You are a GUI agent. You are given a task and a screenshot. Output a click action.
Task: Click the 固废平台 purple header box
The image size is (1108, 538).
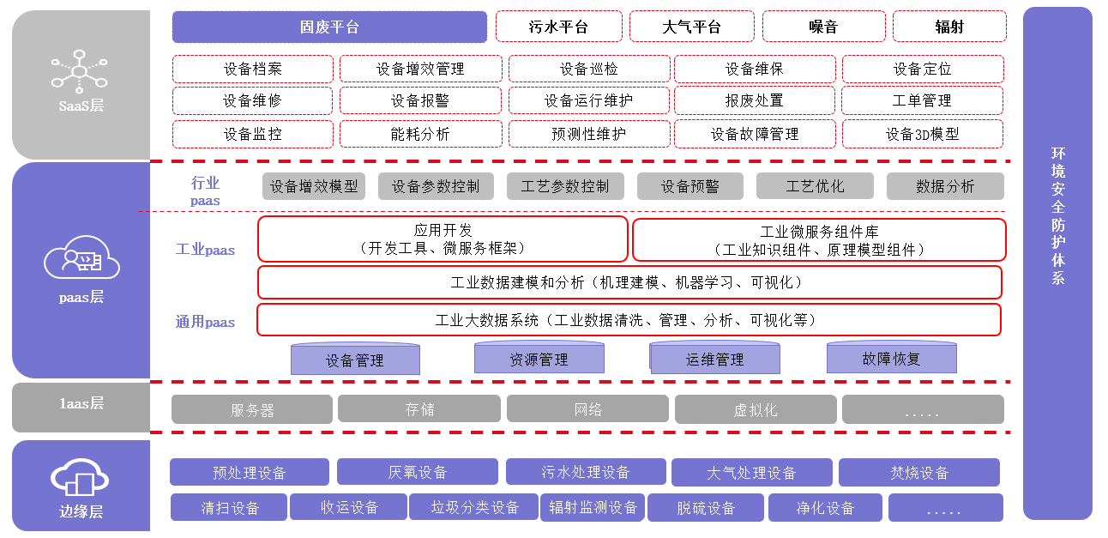329,27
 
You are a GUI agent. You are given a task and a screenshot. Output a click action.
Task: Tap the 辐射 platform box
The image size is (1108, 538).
948,27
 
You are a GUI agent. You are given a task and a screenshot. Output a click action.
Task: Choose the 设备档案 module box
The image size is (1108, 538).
252,69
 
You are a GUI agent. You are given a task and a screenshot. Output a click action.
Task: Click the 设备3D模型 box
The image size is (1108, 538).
922,134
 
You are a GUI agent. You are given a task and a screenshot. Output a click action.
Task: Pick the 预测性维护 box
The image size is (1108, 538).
588,134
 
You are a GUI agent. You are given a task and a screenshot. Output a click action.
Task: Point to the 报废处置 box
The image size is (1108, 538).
754,100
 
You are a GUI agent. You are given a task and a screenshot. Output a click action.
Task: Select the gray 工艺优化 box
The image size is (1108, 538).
815,186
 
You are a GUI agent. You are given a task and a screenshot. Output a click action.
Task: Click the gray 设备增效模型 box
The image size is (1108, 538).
314,186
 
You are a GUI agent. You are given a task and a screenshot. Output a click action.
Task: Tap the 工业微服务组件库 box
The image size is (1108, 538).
819,240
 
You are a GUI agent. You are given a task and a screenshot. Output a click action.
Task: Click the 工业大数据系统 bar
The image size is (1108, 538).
629,320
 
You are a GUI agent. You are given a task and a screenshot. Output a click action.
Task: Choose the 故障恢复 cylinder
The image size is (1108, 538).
891,359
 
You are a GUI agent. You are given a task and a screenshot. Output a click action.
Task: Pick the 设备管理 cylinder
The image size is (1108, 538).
354,360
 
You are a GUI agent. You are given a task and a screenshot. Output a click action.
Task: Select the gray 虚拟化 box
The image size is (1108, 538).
754,410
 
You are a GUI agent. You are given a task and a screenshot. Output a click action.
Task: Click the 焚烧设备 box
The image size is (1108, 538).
918,473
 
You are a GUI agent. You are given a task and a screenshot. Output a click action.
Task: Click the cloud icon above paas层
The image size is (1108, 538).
80,257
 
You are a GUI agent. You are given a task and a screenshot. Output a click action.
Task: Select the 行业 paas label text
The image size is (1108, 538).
205,191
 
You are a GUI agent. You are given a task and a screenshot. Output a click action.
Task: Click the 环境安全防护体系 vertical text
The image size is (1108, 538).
1057,215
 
